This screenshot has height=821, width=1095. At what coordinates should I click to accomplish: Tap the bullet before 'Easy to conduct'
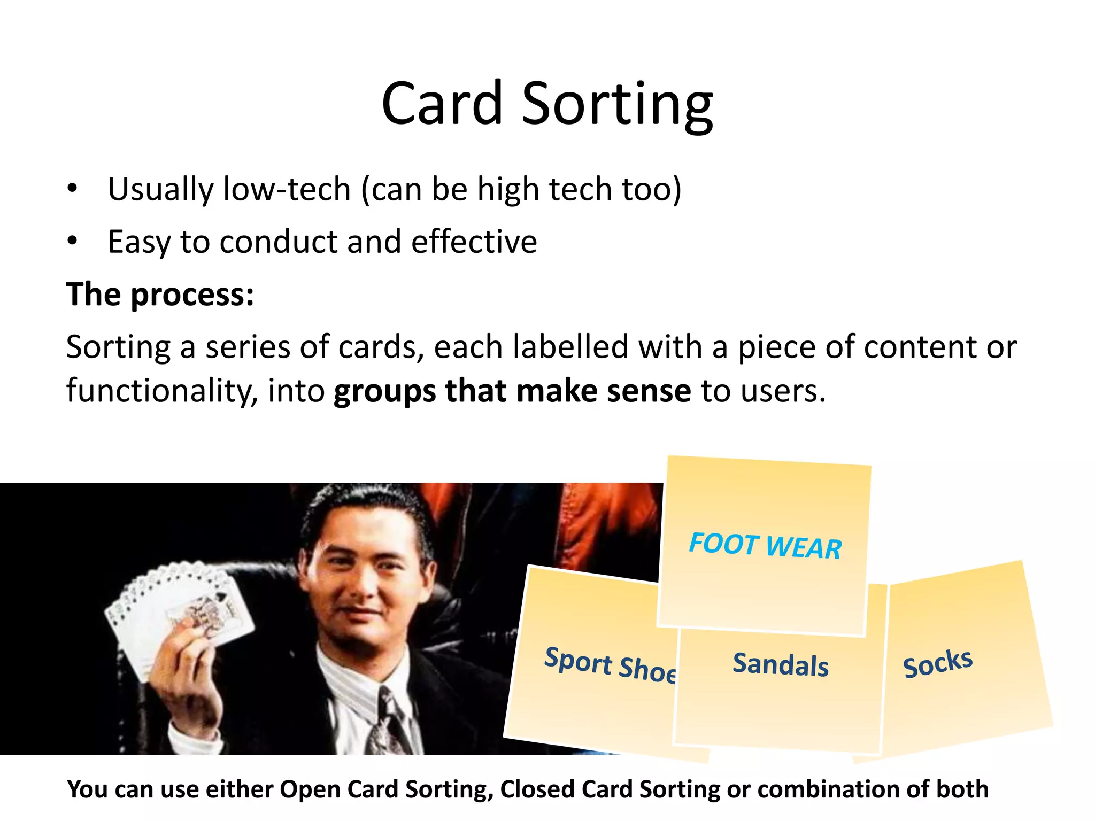72,241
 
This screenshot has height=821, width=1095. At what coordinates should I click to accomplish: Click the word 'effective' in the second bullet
474,242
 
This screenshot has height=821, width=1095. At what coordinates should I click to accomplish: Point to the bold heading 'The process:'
160,294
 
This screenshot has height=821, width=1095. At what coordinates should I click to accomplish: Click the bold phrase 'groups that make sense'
512,391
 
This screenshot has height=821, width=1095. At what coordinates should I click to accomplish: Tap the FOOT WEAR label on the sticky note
765,546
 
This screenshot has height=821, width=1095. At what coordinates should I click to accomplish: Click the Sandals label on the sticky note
780,664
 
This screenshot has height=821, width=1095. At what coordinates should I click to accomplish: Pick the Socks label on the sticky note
937,663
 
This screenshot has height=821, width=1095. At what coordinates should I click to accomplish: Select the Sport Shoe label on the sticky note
610,664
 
